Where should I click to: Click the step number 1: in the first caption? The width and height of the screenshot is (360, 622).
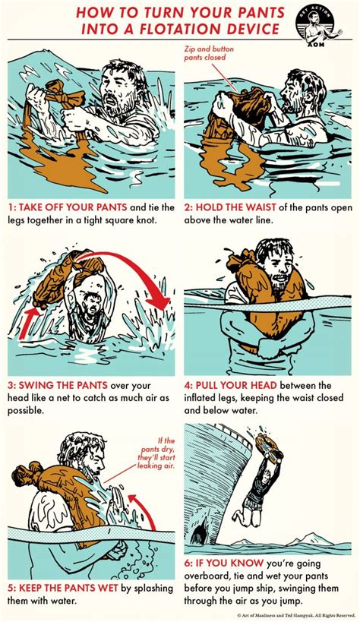click(14, 205)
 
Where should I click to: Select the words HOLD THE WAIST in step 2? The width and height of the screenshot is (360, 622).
click(237, 205)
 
